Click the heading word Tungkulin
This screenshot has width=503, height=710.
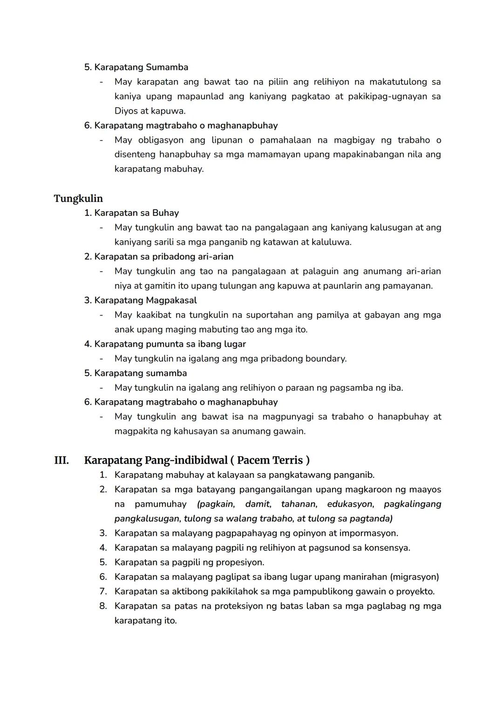click(x=78, y=199)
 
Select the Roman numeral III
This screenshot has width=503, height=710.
click(x=61, y=460)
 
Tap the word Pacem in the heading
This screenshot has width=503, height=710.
click(x=253, y=460)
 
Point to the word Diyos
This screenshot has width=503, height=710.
click(x=126, y=111)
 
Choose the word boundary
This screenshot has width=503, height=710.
click(x=326, y=359)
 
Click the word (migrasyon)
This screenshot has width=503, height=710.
click(x=415, y=577)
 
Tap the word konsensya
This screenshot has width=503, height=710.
click(x=387, y=548)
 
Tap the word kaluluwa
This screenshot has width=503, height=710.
click(x=330, y=243)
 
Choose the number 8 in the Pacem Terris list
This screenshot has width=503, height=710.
click(x=103, y=606)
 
